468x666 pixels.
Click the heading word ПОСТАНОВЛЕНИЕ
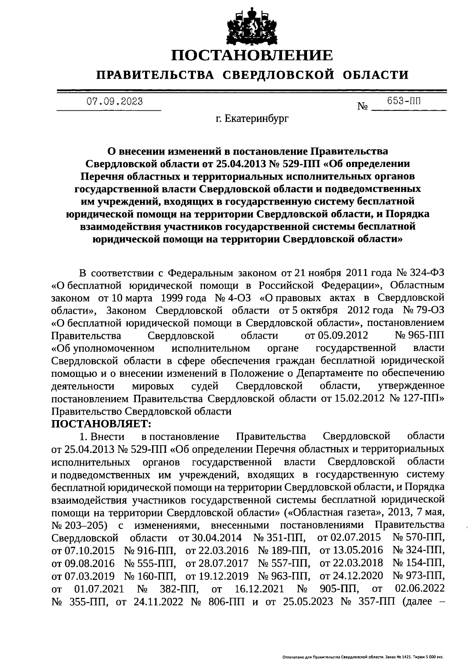tap(252, 55)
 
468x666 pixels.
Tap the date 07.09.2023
tap(114, 102)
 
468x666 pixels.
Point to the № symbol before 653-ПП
tap(362, 106)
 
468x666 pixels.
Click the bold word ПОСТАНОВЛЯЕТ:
tap(101, 423)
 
